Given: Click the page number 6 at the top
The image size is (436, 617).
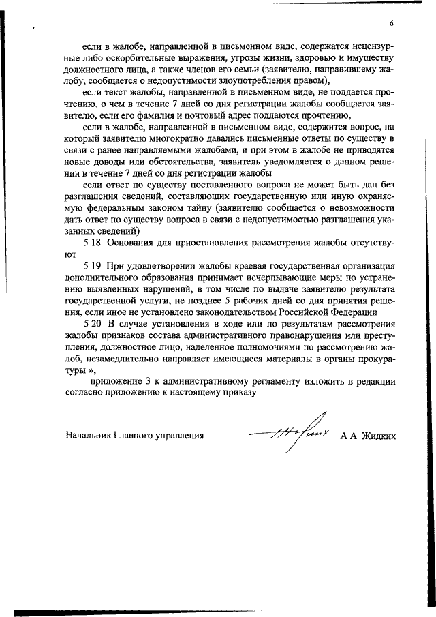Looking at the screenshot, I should pos(392,23).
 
